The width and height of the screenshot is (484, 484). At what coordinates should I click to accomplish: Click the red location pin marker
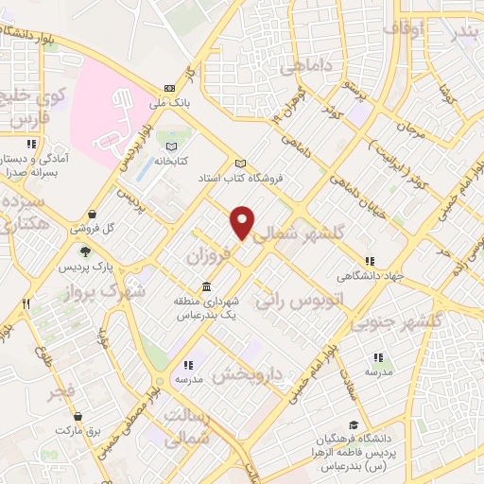pos(243,221)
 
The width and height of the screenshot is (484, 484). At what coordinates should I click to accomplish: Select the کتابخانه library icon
pos(171,147)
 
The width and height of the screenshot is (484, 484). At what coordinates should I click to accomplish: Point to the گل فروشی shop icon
pos(92,215)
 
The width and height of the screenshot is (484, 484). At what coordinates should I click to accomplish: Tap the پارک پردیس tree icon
pos(86,251)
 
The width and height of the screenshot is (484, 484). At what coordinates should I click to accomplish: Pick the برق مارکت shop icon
pos(80,416)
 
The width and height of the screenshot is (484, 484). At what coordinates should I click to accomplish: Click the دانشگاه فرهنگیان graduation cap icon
pos(354,425)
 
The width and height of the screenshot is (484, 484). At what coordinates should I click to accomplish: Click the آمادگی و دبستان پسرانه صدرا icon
pos(32,145)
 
